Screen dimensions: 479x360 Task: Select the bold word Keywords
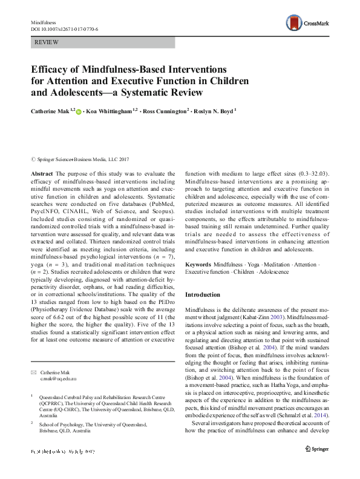click(x=198, y=265)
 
